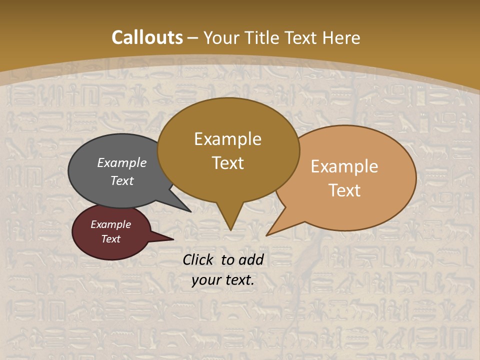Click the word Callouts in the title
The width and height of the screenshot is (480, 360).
[x=147, y=37]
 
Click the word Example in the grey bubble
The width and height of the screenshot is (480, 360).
[x=121, y=163]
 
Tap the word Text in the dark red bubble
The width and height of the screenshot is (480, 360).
[x=111, y=239]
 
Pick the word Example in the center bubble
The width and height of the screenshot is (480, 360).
[x=227, y=139]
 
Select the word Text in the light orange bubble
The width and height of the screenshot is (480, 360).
[x=345, y=190]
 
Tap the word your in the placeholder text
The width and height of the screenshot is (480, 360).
[x=206, y=280]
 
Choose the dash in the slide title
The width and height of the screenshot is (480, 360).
[x=193, y=38]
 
